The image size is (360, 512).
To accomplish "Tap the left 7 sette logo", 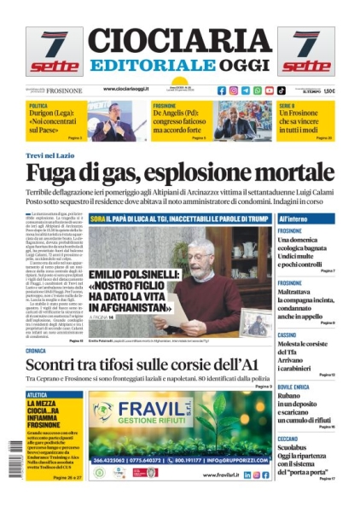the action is point(55,51).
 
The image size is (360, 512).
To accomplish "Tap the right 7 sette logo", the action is point(305,51).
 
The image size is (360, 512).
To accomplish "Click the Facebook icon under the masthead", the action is point(222,90).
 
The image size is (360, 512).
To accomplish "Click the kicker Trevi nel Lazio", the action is point(53,157).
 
